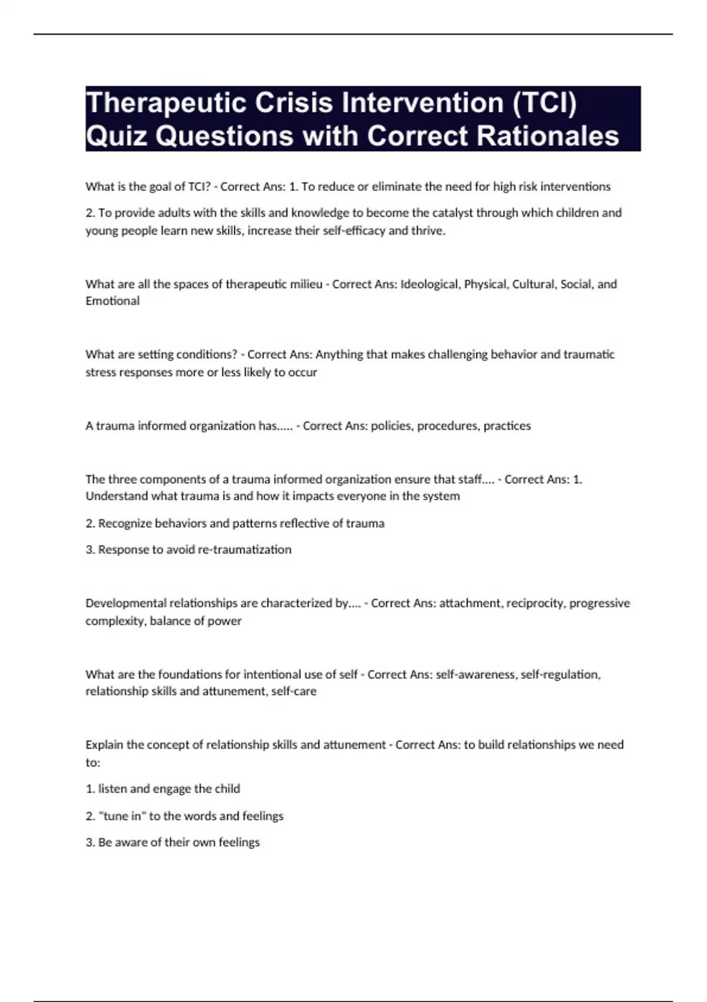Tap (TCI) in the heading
click(x=544, y=103)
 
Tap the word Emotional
click(x=113, y=301)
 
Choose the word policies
click(x=392, y=426)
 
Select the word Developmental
click(x=125, y=603)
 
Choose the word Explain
click(x=104, y=745)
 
